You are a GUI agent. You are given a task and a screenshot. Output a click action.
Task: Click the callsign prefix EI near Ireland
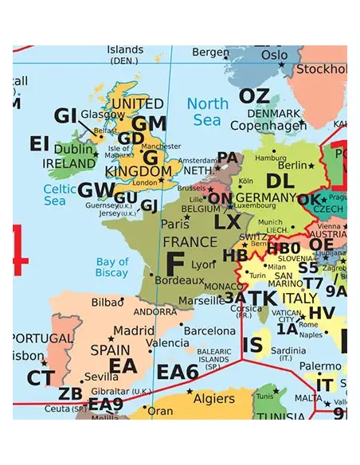[40, 143]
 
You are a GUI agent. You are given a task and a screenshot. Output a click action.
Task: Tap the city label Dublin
[73, 149]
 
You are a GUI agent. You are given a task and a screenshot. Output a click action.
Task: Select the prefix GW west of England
[96, 190]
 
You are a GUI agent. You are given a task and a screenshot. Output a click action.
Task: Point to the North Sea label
[207, 111]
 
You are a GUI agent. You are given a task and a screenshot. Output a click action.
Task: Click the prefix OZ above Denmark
[254, 96]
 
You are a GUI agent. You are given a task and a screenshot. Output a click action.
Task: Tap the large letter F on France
[175, 264]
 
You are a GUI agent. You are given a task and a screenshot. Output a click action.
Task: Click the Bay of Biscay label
[112, 268]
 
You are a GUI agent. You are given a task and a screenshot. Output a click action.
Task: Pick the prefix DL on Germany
[280, 181]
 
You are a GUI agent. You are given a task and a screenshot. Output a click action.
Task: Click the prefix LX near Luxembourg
[227, 222]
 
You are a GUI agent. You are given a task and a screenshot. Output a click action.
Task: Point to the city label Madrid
[134, 331]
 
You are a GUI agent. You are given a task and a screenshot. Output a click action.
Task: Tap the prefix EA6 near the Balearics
[177, 372]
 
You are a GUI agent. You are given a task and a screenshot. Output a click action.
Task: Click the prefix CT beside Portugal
[41, 378]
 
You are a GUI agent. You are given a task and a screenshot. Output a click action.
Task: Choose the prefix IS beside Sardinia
[252, 345]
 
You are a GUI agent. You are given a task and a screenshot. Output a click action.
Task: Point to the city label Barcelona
[210, 330]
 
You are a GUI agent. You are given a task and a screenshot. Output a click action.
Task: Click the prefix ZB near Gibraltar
[71, 393]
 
